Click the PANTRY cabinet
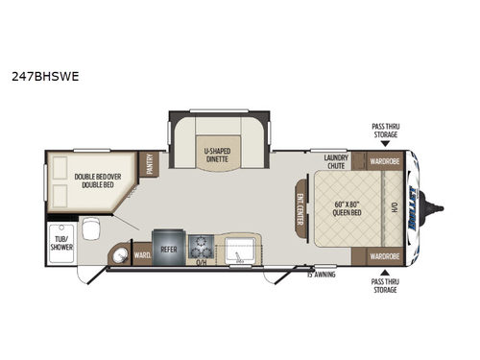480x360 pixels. tap(150, 164)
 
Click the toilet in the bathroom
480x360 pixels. tap(89, 228)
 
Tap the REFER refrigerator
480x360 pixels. tap(169, 246)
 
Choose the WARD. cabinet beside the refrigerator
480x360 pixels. tap(141, 255)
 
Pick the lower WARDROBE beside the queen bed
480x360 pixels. tap(384, 256)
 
